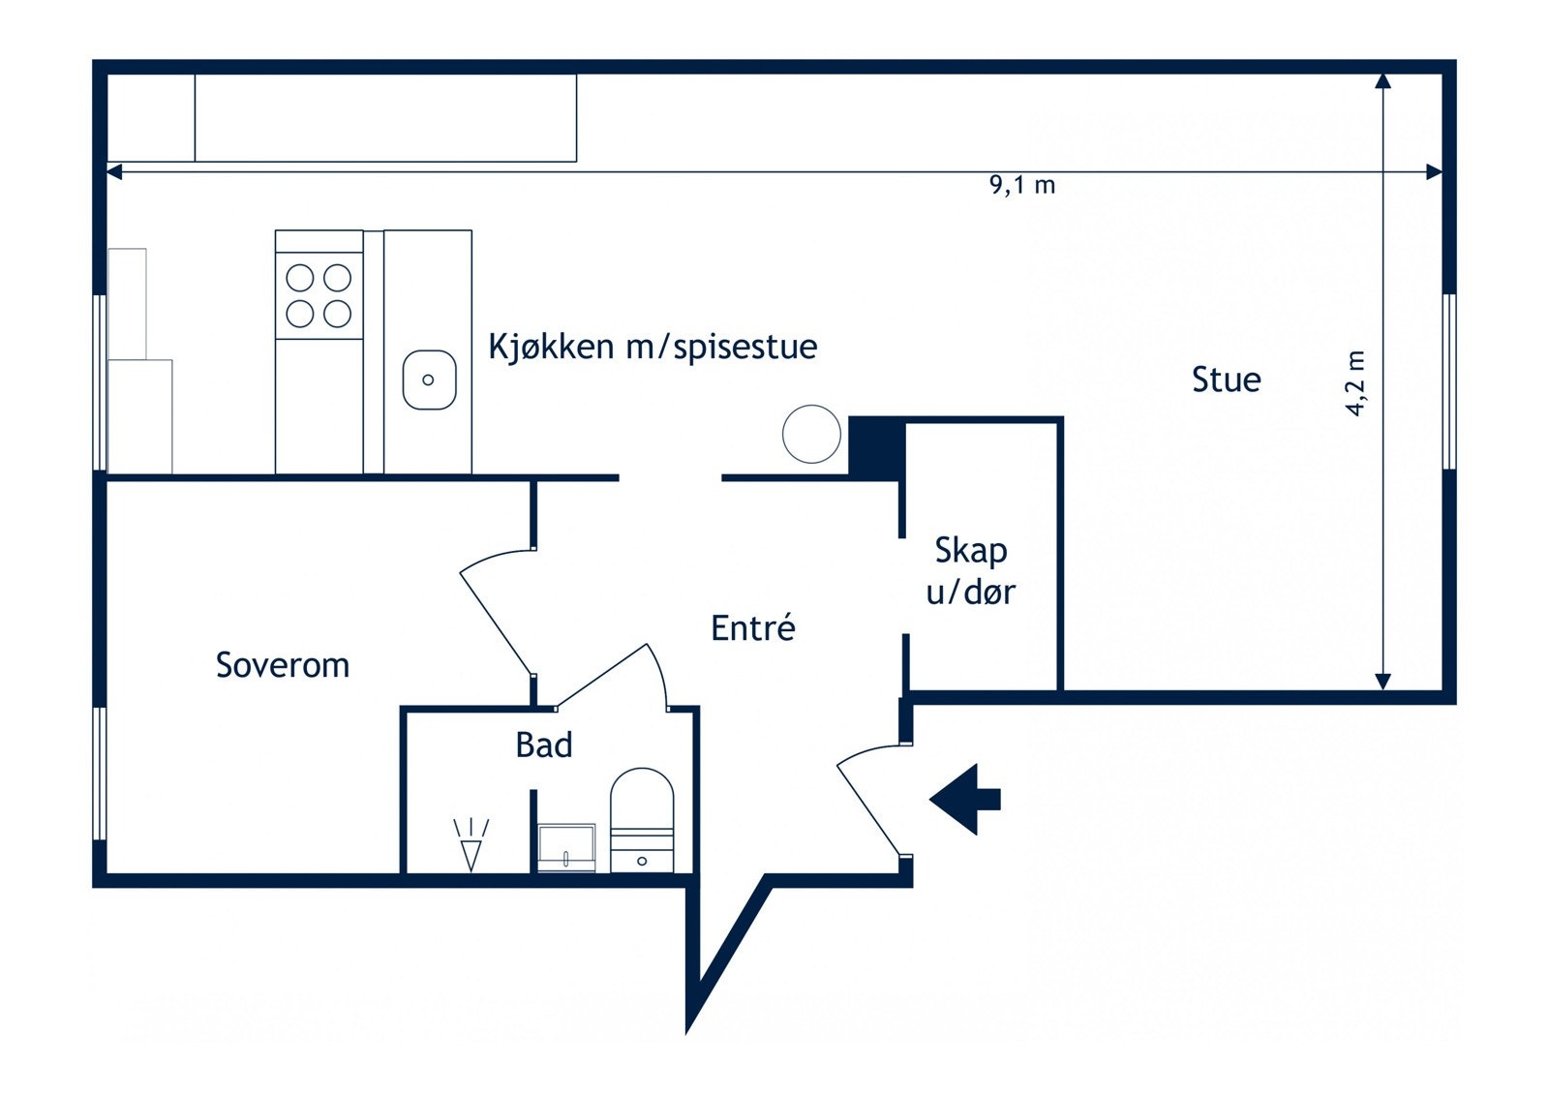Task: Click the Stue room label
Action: tap(1226, 380)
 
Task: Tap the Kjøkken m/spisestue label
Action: tap(653, 347)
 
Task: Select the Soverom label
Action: tap(282, 665)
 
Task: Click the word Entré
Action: tap(752, 628)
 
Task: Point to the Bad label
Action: tap(543, 745)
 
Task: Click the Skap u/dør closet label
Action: tap(970, 571)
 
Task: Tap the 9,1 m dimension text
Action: tap(1021, 185)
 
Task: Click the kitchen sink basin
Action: tap(429, 380)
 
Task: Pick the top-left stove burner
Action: tap(300, 278)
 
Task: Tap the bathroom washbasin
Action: tap(566, 847)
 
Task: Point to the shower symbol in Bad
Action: tap(471, 844)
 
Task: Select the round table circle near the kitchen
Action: tap(811, 434)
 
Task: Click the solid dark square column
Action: tap(875, 447)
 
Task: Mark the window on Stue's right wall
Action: tap(1448, 381)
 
